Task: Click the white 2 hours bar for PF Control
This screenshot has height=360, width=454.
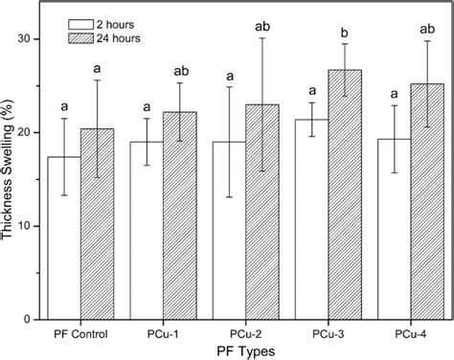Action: pos(64,239)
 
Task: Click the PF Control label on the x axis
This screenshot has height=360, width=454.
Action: pos(80,333)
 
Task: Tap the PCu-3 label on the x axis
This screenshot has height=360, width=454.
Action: pos(307,333)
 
